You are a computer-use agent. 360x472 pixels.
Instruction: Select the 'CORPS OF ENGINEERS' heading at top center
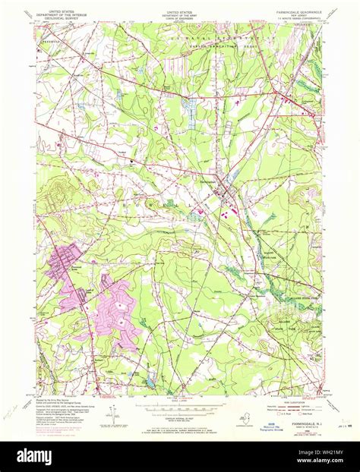(179, 17)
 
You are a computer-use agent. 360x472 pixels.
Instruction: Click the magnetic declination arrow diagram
(113, 415)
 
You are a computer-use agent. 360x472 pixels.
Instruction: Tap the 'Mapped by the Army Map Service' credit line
(58, 401)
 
